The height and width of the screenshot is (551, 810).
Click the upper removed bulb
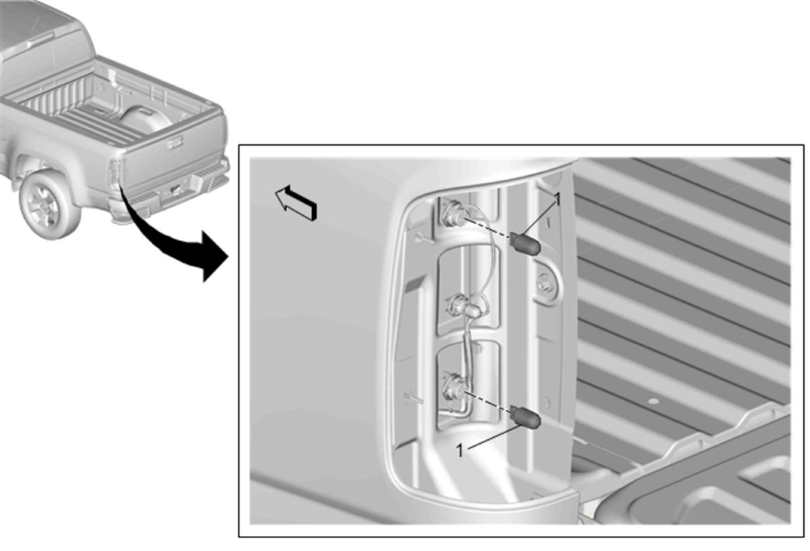point(525,243)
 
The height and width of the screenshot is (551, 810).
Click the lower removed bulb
point(525,417)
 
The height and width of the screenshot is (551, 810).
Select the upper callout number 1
point(559,199)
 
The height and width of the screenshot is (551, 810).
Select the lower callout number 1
point(460,451)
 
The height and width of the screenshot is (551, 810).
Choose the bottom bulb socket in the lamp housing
point(453,388)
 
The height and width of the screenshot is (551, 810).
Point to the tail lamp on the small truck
point(115,173)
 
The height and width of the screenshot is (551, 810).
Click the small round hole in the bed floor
point(653,401)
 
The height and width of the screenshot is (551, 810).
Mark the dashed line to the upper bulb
point(488,228)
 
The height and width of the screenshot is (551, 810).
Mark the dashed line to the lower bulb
point(488,401)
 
